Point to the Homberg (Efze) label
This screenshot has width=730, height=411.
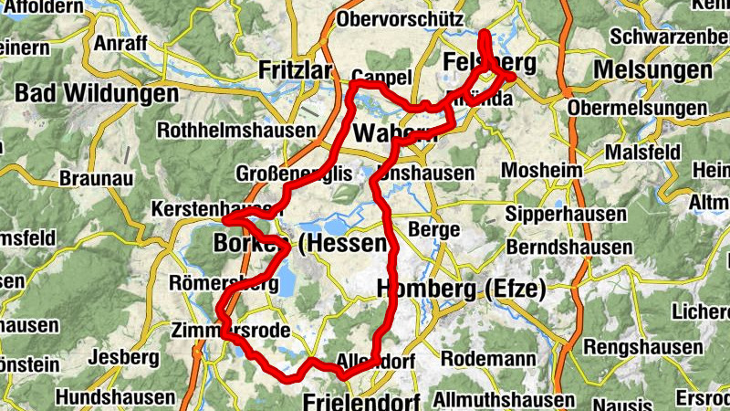coord(461,290)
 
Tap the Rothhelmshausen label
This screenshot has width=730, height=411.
coord(235,131)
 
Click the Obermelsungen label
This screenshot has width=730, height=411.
coord(637,109)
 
